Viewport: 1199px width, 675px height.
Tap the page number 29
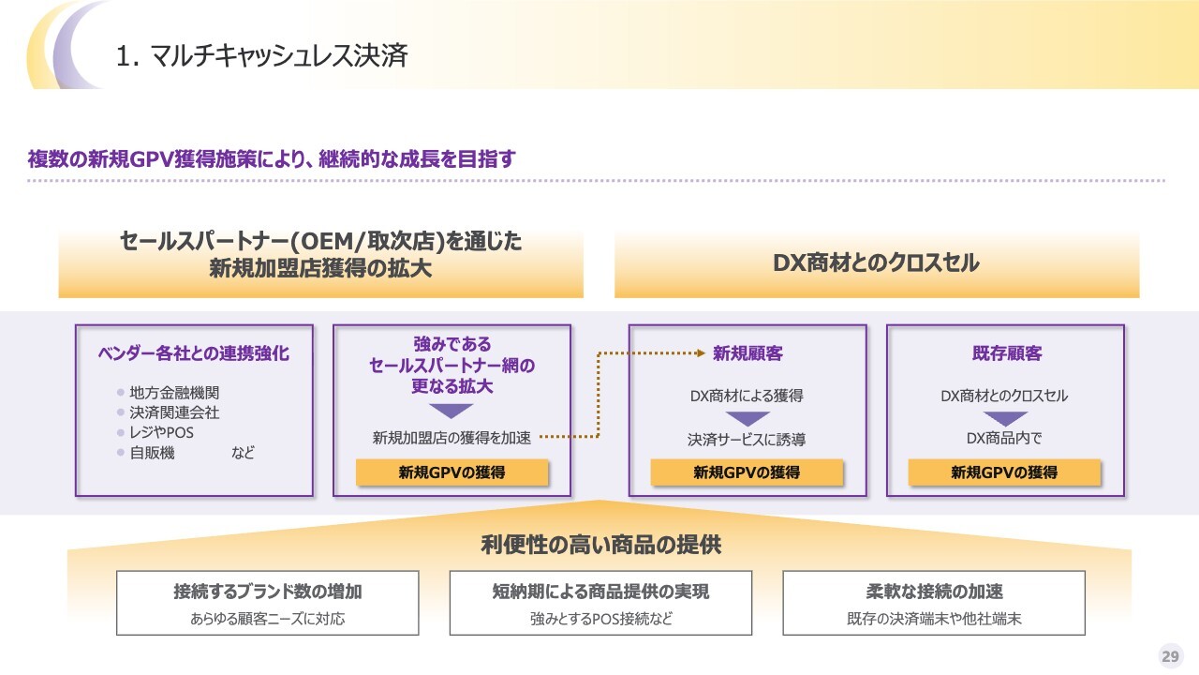pos(1170,656)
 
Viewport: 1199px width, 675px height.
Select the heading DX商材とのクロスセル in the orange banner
pos(876,263)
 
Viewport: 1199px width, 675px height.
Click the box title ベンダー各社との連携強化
pos(194,353)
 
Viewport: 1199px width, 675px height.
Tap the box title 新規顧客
pos(748,353)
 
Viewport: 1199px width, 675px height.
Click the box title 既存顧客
pos(1006,353)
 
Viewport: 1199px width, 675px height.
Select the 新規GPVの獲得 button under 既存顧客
pos(1004,472)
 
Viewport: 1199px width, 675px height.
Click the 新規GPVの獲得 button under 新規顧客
pos(747,472)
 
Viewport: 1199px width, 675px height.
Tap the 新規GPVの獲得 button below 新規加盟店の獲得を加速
pos(451,472)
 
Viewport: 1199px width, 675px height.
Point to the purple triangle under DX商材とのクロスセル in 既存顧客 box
pos(1005,418)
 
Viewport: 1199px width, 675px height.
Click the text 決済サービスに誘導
pos(747,438)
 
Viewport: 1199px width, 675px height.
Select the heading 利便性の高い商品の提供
pos(600,545)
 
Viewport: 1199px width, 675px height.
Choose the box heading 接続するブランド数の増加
pos(268,592)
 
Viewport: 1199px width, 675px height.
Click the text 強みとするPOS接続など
pos(600,619)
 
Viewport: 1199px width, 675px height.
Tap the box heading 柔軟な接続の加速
pos(934,592)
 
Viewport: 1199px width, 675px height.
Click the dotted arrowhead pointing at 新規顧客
pos(700,353)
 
